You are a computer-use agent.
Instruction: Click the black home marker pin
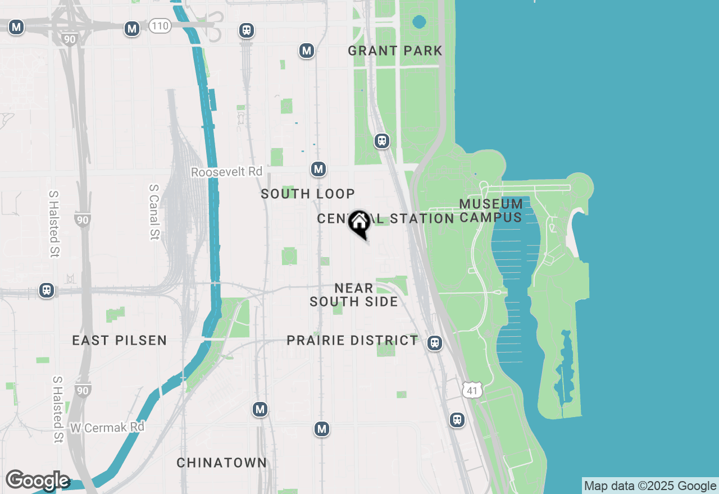tap(359, 223)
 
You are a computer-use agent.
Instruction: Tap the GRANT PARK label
tap(395, 51)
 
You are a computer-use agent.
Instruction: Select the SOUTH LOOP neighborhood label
tap(308, 194)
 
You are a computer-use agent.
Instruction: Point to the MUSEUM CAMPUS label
tap(491, 211)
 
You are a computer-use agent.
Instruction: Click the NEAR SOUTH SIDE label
tap(354, 295)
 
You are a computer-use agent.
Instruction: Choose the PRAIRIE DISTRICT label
tap(352, 341)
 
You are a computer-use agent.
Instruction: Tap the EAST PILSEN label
tap(120, 340)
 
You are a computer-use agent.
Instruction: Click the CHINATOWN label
tap(222, 463)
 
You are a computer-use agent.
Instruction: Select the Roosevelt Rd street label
tap(226, 172)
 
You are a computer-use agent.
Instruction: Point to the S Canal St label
tap(154, 212)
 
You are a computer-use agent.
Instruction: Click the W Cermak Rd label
tap(107, 428)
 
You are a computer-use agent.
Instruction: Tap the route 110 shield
tap(160, 26)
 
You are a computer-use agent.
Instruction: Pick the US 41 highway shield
tap(472, 390)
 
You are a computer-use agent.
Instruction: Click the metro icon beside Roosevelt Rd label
tap(318, 169)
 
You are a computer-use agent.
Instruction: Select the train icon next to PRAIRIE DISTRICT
tap(434, 343)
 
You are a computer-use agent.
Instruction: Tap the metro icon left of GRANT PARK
tap(306, 51)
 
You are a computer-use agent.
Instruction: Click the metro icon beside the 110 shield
tap(132, 29)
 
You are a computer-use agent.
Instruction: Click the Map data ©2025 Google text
tap(650, 486)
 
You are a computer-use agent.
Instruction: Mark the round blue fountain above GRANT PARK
tap(419, 22)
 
